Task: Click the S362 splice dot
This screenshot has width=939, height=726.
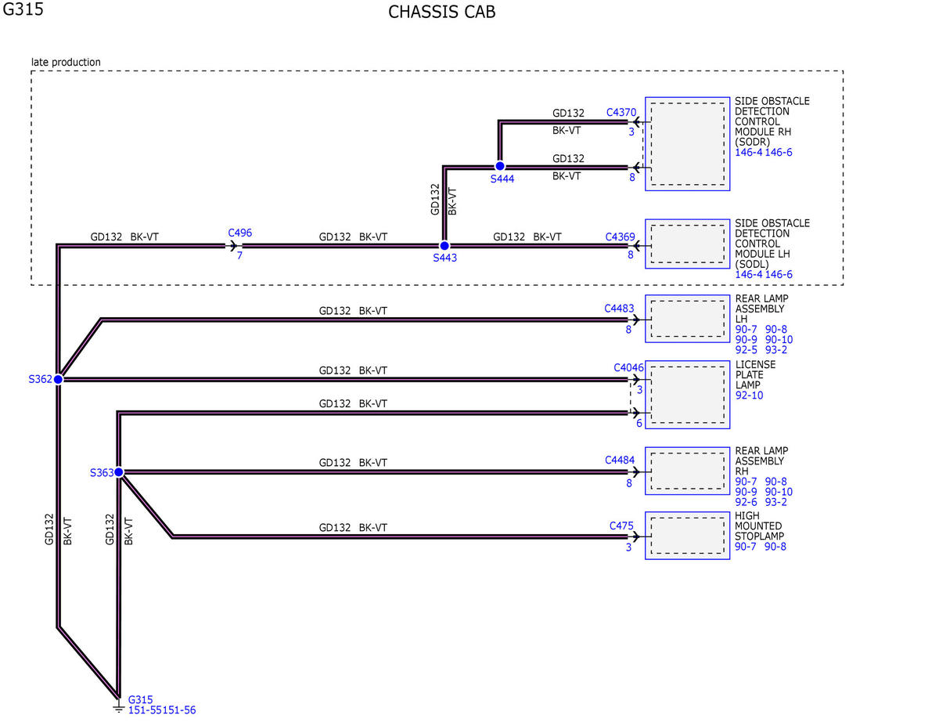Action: point(58,379)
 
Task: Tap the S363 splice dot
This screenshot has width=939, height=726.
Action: point(118,471)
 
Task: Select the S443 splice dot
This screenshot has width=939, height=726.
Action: point(444,246)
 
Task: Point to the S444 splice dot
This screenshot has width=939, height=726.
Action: point(499,166)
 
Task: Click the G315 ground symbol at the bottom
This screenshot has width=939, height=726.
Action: point(118,707)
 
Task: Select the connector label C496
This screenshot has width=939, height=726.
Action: point(239,233)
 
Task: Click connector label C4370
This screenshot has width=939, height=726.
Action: point(621,113)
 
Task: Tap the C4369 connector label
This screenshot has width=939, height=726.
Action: point(620,237)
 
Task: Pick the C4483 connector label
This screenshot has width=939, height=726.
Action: point(619,309)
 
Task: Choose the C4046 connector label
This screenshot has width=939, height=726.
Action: point(628,367)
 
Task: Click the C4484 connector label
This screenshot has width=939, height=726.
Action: point(620,460)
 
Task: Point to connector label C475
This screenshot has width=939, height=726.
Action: point(621,526)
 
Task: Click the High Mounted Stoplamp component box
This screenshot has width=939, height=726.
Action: point(688,536)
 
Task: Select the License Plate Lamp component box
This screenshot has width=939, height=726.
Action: point(688,395)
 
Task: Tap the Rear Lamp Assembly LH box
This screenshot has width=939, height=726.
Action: point(688,319)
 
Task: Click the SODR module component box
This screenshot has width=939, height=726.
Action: point(688,144)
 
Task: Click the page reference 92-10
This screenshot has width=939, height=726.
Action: point(750,396)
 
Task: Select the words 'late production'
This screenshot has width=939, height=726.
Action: point(66,63)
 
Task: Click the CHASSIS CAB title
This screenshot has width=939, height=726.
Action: point(441,12)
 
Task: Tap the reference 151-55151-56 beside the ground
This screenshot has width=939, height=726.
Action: point(162,710)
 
